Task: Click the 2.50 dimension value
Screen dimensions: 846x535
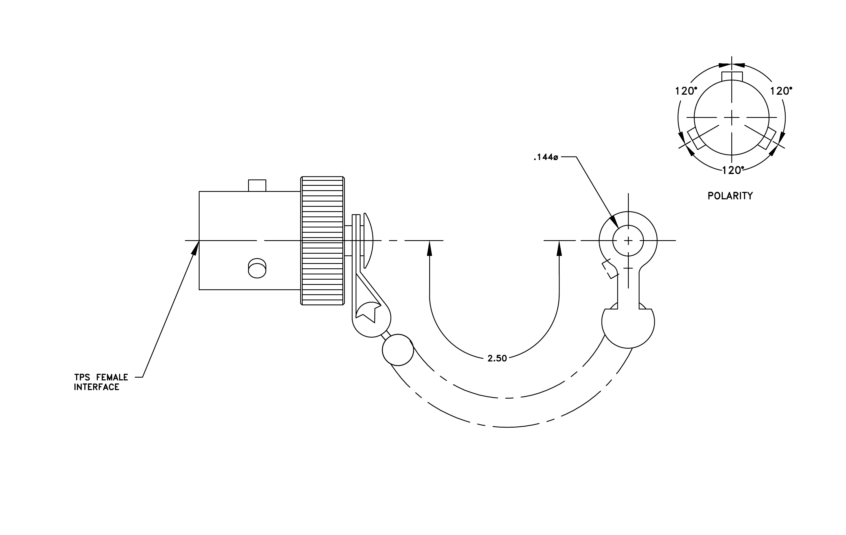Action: pos(497,358)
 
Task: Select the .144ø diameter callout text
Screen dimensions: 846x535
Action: pos(546,157)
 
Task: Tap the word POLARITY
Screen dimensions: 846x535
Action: pos(730,196)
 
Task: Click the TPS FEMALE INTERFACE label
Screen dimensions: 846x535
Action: pos(101,382)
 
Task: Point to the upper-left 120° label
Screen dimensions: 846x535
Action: pos(686,91)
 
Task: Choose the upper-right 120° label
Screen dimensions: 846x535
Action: pos(781,91)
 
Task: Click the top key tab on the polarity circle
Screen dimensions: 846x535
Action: pos(732,76)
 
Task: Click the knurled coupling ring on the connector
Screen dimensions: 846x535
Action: pos(323,241)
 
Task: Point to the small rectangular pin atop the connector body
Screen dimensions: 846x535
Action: pos(257,185)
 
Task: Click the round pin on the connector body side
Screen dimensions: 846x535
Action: pos(257,268)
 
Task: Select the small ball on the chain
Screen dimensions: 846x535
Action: pos(398,350)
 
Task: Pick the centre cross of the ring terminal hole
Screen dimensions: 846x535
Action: pos(628,241)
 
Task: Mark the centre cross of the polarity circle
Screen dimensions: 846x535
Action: pos(732,118)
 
